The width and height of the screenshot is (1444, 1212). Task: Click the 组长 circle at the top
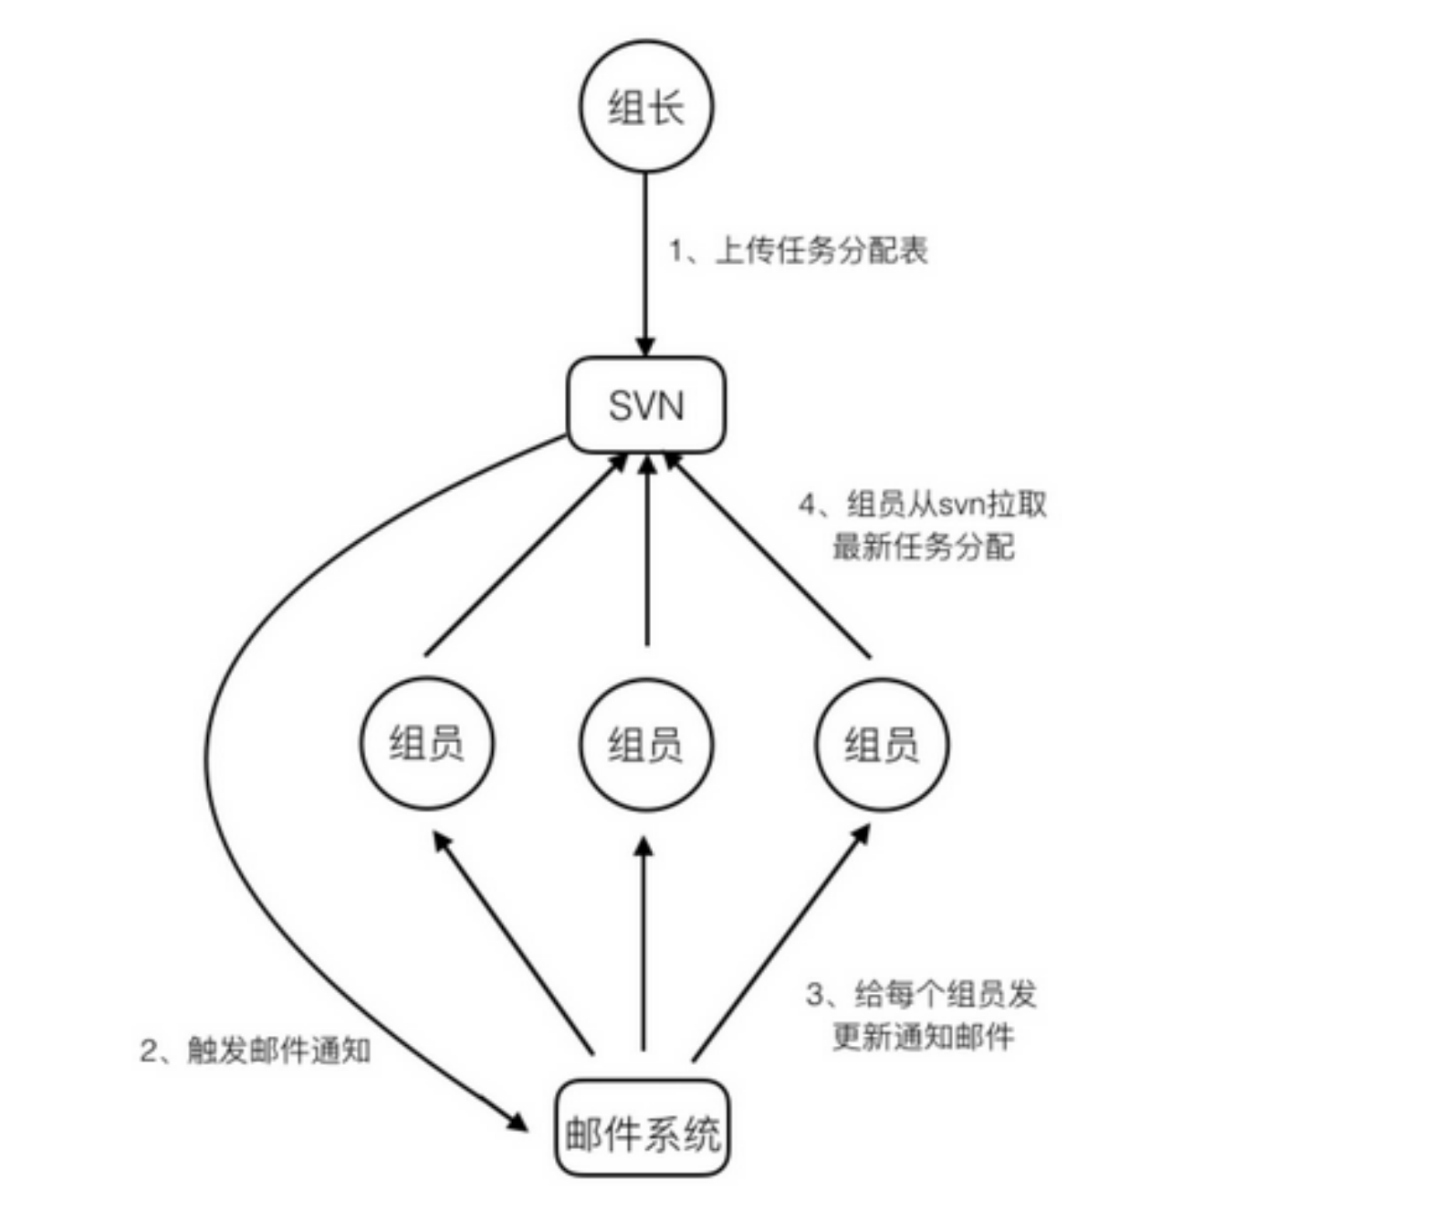click(645, 107)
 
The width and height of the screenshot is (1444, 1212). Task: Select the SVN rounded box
click(646, 404)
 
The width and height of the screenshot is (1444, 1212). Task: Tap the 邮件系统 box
click(643, 1128)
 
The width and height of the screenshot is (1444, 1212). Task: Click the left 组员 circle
click(426, 743)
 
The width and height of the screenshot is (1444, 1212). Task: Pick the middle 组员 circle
click(645, 743)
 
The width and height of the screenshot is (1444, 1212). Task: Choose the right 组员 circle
click(882, 743)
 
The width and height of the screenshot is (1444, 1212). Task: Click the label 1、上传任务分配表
click(799, 249)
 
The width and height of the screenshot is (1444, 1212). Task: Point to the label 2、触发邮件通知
click(255, 1050)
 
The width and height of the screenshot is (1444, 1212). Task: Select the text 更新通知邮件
click(923, 1037)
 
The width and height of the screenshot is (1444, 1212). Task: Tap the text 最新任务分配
click(923, 546)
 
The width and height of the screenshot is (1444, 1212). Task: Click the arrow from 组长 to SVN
click(645, 265)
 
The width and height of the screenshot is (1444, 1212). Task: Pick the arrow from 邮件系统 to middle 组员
click(644, 949)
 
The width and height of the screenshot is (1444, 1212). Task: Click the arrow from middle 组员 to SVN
click(646, 557)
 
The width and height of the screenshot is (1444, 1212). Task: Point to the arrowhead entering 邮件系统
click(518, 1122)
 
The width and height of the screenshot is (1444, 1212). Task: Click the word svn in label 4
click(954, 505)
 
